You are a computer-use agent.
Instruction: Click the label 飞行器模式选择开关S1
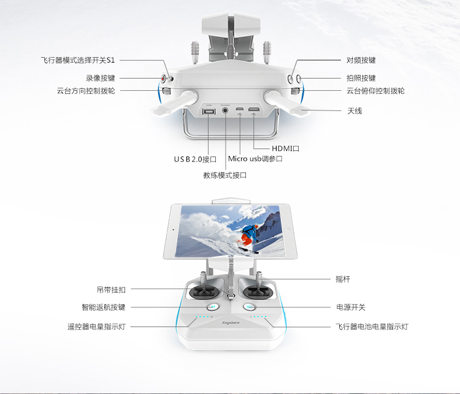[x=78, y=60]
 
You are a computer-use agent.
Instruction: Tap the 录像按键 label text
[x=101, y=78]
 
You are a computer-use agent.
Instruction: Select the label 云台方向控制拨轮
[x=86, y=91]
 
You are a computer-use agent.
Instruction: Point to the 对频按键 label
[x=361, y=60]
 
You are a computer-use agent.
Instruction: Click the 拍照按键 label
[x=361, y=78]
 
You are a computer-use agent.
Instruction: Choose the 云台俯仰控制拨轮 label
[x=375, y=91]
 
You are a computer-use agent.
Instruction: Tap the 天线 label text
[x=355, y=110]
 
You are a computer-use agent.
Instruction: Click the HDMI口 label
[x=285, y=149]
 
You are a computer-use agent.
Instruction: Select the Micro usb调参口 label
[x=255, y=159]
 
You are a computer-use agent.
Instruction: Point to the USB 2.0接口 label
[x=195, y=160]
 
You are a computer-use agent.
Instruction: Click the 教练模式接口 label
[x=225, y=176]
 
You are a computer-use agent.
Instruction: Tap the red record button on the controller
[x=164, y=79]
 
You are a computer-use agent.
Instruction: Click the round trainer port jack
[x=225, y=110]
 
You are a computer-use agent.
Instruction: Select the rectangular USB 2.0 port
[x=209, y=112]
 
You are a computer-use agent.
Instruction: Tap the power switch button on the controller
[x=250, y=307]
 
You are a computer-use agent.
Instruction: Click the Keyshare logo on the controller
[x=231, y=323]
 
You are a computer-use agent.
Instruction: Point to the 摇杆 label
[x=343, y=279]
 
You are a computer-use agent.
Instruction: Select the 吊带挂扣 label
[x=111, y=290]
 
